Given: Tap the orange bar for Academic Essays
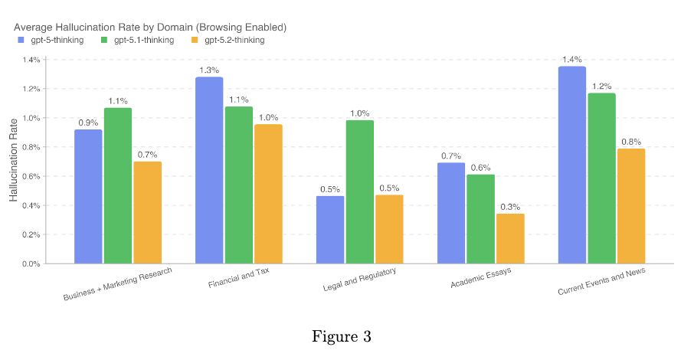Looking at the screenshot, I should coord(510,238).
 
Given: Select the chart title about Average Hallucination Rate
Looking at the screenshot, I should coord(150,27).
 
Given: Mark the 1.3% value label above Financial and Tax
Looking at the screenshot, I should coord(209,70).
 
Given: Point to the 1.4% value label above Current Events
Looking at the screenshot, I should coord(572,60).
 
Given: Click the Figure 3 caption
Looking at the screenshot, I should coord(342,336).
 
